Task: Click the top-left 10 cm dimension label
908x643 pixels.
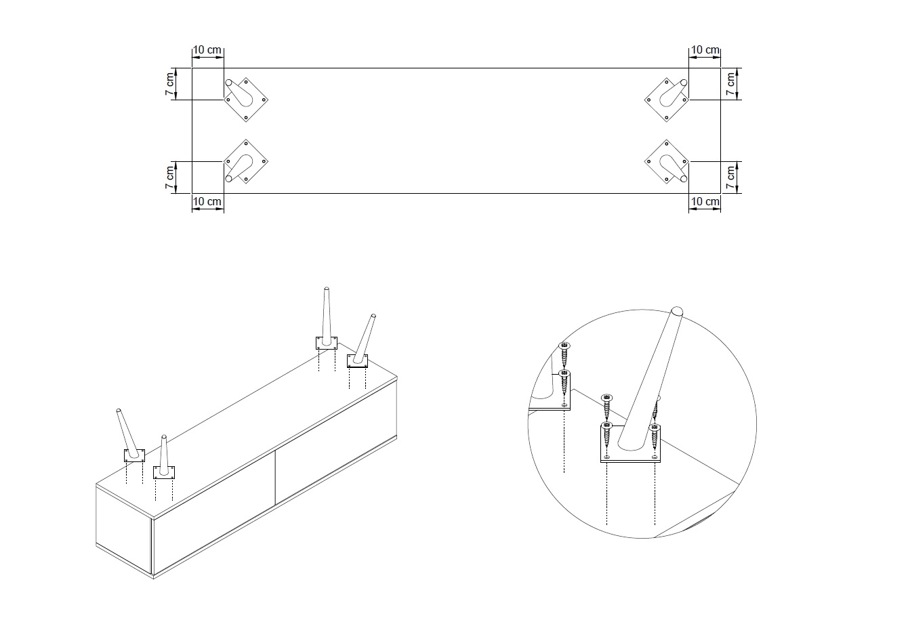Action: pos(207,49)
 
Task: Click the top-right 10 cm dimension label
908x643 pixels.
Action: pos(704,49)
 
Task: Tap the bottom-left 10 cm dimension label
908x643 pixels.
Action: pos(207,201)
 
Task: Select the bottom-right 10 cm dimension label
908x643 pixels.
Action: pos(704,201)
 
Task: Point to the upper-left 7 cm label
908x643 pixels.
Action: pos(170,84)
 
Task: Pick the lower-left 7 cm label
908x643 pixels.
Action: pos(170,177)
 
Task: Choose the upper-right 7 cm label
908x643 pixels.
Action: pos(730,84)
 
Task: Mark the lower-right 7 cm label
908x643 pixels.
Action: pos(730,177)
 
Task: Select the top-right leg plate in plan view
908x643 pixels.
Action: pos(667,99)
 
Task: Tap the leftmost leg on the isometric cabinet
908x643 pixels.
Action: pos(129,434)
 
